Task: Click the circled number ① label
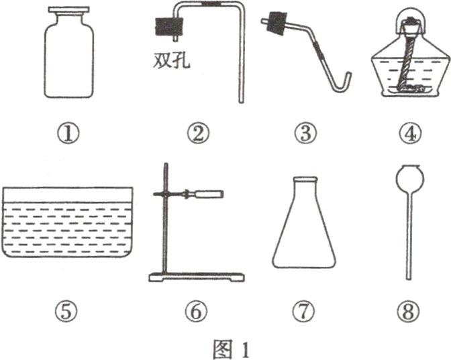click(x=68, y=135)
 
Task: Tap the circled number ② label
click(x=198, y=134)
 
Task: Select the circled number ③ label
click(x=305, y=134)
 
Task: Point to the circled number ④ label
click(x=410, y=134)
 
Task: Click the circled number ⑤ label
click(x=66, y=312)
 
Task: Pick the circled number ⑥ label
click(x=196, y=312)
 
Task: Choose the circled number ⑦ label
click(x=304, y=312)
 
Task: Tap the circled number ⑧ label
click(x=409, y=312)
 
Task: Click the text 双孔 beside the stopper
click(x=171, y=61)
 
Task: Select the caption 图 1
click(x=231, y=349)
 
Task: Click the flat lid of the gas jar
click(x=68, y=10)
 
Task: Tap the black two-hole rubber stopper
click(x=169, y=27)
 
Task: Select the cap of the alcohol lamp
click(x=411, y=20)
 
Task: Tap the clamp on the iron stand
click(x=189, y=194)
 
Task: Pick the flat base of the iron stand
click(x=197, y=278)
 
